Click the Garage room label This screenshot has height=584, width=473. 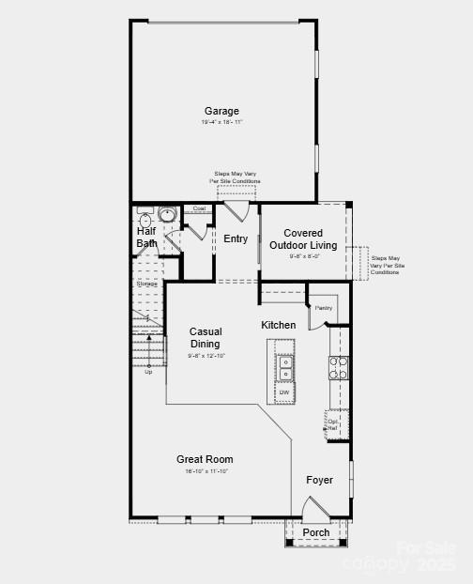click(x=221, y=111)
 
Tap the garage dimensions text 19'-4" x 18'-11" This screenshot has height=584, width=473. click(x=221, y=123)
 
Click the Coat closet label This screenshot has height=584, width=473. click(x=199, y=208)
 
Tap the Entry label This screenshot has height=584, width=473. click(x=236, y=238)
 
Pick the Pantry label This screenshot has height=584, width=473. click(x=324, y=307)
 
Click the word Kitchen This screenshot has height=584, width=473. click(x=279, y=325)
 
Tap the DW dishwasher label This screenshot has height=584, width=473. click(x=283, y=392)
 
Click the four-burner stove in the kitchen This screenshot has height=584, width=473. click(x=339, y=367)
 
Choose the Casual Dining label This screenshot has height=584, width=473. click(x=205, y=338)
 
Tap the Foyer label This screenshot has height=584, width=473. click(x=320, y=480)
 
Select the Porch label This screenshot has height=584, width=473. click(x=316, y=532)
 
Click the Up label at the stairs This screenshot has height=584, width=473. click(x=148, y=373)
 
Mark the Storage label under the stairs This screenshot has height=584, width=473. click(x=146, y=284)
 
